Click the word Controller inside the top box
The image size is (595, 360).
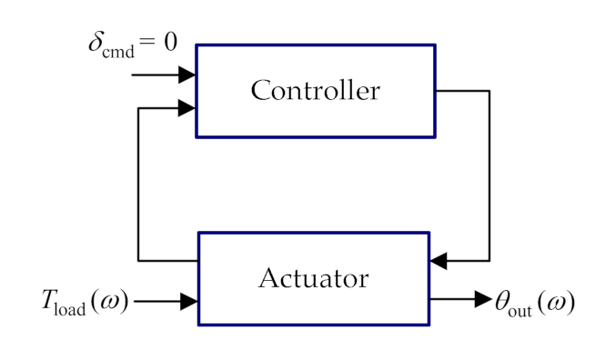tap(315, 91)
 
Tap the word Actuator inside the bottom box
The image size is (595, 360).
tap(315, 277)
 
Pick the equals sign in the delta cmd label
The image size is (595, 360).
tap(149, 45)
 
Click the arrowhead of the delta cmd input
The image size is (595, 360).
tap(187, 73)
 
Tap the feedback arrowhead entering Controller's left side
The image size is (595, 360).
tap(187, 108)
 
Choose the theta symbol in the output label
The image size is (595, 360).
tap(501, 301)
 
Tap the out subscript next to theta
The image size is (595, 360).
tap(523, 308)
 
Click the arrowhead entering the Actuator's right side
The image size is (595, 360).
tap(439, 261)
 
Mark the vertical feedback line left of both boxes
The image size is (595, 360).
tap(138, 182)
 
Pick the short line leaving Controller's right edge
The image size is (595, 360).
tap(463, 91)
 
